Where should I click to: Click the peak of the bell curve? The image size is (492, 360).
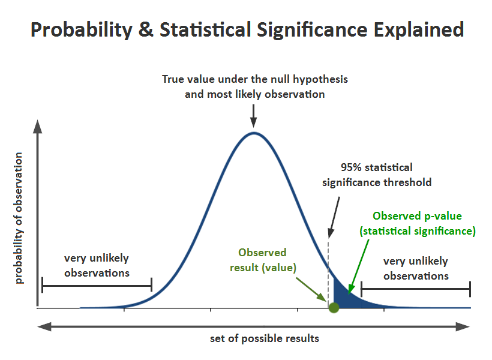click(x=254, y=133)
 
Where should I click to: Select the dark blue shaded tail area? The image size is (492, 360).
click(x=345, y=298)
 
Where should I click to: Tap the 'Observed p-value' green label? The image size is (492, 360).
click(x=417, y=216)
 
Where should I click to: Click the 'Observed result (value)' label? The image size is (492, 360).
click(x=263, y=260)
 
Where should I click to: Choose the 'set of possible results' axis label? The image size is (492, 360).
click(x=265, y=338)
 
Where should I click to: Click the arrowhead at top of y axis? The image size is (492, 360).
click(x=37, y=127)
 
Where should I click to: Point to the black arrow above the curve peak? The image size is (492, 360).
click(x=254, y=114)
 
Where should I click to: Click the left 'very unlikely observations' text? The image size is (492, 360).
click(x=97, y=265)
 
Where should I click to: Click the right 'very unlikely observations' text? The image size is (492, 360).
click(x=416, y=268)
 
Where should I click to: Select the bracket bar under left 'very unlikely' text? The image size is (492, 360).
click(x=97, y=284)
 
